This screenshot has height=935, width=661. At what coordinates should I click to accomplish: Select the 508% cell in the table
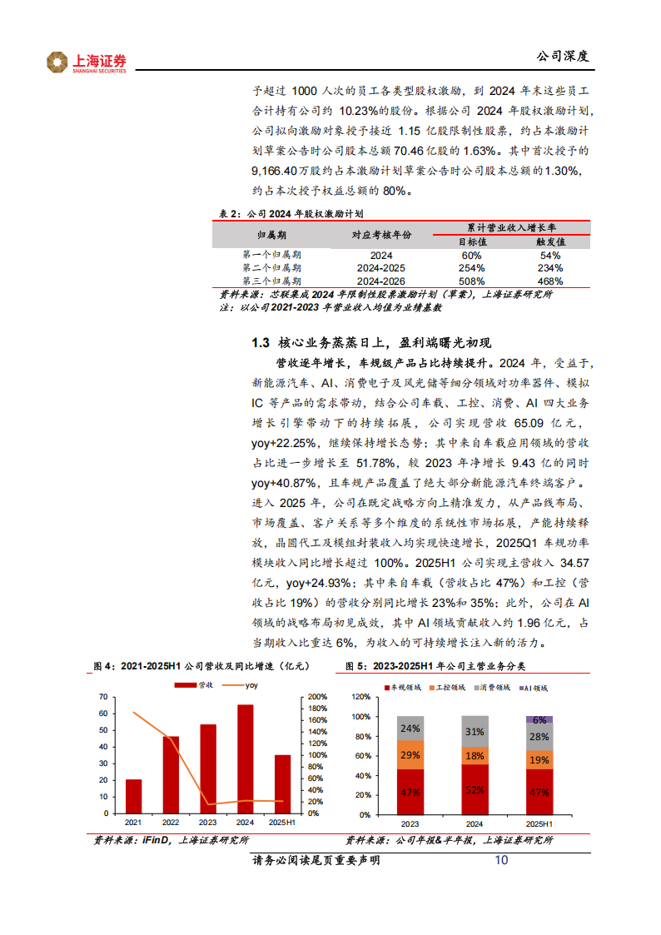click(471, 281)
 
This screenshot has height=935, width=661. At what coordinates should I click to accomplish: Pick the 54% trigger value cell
click(550, 255)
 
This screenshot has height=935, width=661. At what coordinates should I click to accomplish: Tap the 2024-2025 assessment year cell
click(381, 268)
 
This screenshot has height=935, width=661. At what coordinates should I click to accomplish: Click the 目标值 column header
click(471, 241)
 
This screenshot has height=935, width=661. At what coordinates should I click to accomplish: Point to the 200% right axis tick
click(316, 697)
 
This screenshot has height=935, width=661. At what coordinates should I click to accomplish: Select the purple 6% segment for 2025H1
click(539, 719)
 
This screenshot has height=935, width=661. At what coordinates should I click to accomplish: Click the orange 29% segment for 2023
click(410, 755)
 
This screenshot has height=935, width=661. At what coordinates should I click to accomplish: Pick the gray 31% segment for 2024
click(475, 732)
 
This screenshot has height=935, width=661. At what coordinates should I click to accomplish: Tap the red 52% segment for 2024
click(475, 790)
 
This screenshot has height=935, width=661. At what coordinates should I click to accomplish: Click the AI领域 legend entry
click(536, 688)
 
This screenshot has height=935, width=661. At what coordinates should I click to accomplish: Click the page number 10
click(501, 860)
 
